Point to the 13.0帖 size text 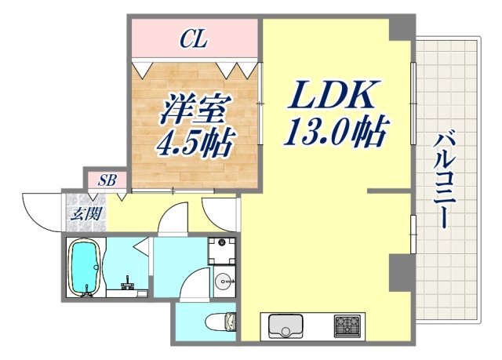click(336, 133)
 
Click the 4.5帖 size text click(186, 144)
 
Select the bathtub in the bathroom click(85, 267)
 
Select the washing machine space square click(222, 250)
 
